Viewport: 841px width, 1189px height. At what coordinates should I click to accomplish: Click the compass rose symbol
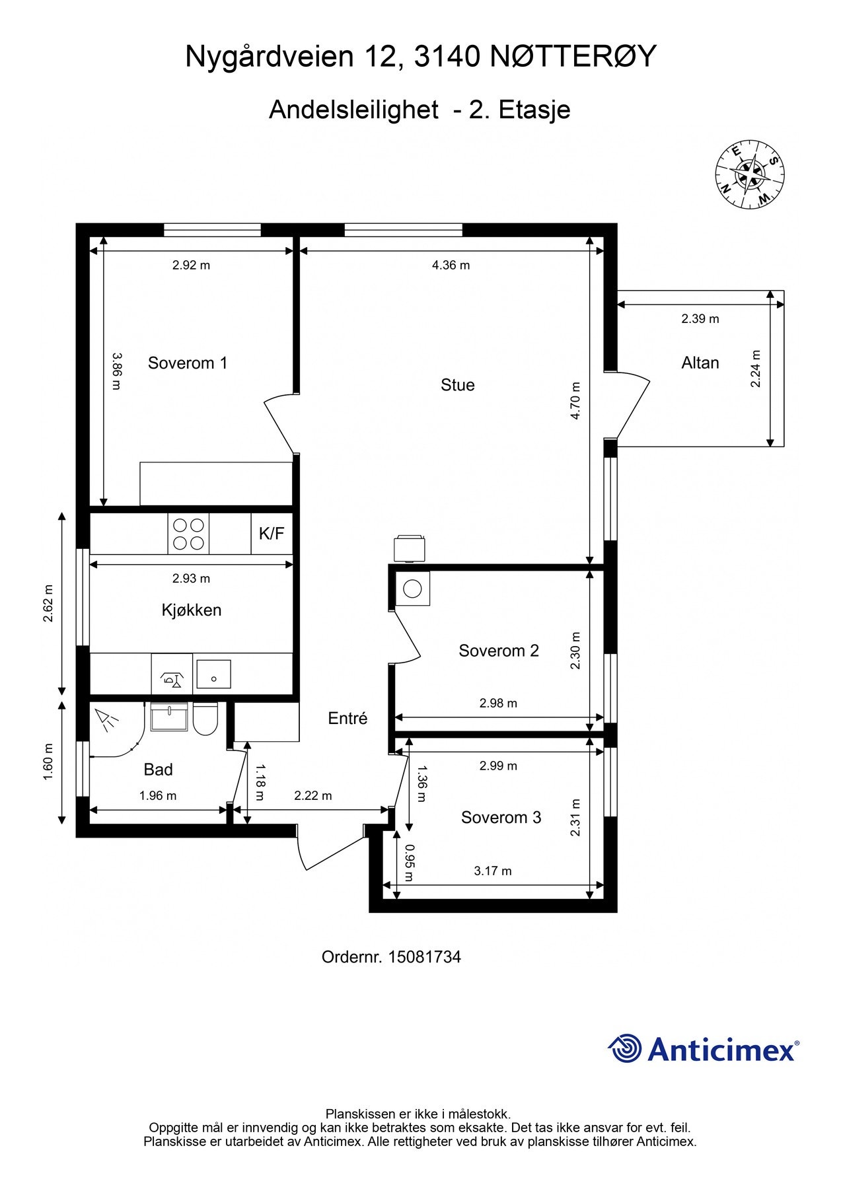click(749, 174)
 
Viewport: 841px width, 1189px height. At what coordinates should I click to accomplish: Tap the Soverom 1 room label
click(188, 363)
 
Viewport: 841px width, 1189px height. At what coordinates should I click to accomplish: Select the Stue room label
click(457, 384)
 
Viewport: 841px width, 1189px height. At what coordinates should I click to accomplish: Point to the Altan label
click(700, 363)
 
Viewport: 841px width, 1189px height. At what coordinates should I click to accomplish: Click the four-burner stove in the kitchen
click(188, 534)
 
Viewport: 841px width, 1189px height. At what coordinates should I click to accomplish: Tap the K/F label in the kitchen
click(272, 534)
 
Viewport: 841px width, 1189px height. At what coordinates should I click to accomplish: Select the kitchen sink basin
click(213, 674)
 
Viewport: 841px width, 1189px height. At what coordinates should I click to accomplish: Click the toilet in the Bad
click(205, 719)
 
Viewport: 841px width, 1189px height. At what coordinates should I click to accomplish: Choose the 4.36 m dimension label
click(451, 265)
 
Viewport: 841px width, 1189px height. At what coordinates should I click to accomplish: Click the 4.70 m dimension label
click(575, 401)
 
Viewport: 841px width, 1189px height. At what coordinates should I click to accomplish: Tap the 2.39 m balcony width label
click(700, 318)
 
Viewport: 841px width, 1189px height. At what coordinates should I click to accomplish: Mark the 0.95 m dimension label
click(410, 863)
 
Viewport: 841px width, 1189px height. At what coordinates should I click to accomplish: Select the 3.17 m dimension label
click(493, 871)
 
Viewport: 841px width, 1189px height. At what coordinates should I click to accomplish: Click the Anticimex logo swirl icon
click(625, 1048)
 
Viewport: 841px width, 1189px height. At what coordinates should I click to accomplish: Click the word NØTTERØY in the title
click(573, 57)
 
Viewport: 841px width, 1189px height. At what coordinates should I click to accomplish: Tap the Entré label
click(347, 718)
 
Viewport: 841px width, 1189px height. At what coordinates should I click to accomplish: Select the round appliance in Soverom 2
click(413, 588)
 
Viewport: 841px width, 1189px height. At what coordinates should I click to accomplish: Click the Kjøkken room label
click(192, 610)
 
